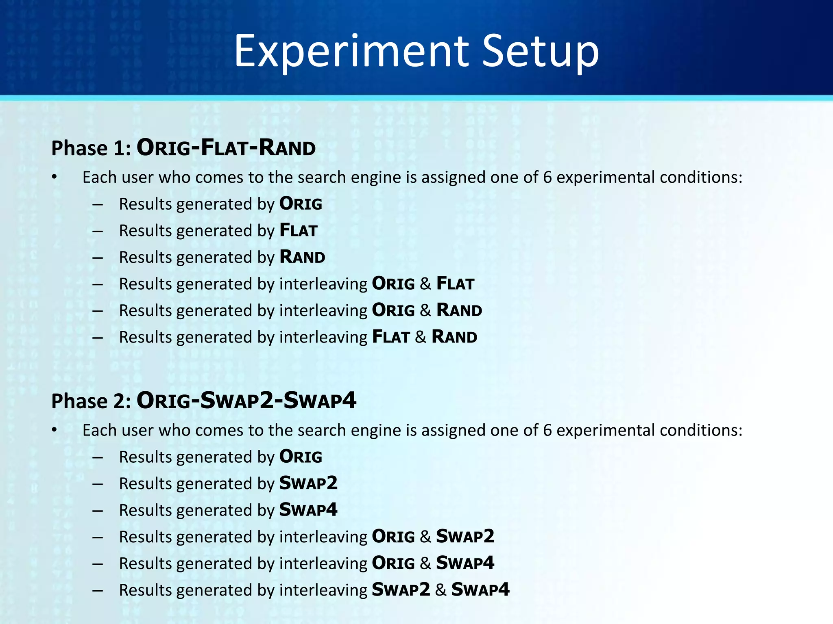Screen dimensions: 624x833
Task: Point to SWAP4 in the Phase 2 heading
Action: point(320,400)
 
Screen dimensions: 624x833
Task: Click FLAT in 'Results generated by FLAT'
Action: point(298,230)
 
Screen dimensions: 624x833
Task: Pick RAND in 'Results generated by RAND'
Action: point(302,257)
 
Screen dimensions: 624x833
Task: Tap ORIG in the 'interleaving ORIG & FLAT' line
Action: point(393,284)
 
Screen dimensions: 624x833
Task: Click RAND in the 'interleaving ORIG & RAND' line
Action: point(459,310)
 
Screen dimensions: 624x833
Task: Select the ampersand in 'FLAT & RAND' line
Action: point(421,337)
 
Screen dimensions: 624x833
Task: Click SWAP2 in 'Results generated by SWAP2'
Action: point(308,483)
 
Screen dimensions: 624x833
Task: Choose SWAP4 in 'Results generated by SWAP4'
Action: point(308,510)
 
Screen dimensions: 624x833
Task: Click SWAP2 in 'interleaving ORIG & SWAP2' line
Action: point(465,537)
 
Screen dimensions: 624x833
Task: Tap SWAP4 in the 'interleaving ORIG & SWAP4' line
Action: point(465,563)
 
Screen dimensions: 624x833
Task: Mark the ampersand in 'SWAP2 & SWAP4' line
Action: point(440,590)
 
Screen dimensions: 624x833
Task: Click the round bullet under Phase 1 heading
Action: point(55,178)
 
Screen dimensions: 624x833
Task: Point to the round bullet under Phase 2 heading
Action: point(55,431)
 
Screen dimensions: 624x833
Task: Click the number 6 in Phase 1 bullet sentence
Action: point(547,178)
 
